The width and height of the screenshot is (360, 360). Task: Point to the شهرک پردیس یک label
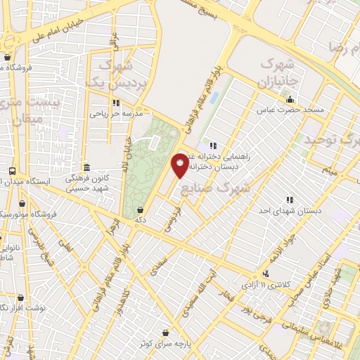click(112, 75)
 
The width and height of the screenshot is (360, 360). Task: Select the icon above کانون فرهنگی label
click(86, 167)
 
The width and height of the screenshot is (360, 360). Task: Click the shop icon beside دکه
click(141, 209)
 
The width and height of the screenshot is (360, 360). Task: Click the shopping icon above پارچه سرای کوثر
click(165, 333)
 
